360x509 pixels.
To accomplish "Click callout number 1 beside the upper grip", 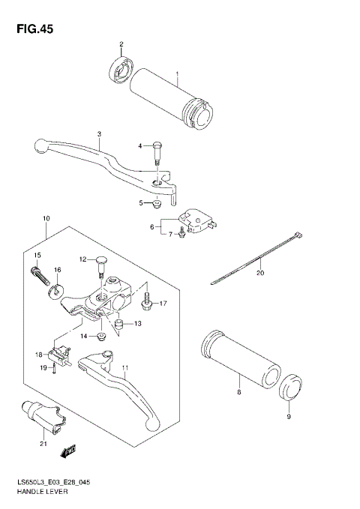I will pos(177,74).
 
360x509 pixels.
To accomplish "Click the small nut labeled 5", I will pos(157,204).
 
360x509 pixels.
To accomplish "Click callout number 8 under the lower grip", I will pos(238,392).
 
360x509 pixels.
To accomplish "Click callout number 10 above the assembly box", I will pos(46,218).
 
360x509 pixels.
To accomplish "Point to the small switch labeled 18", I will pos(59,352).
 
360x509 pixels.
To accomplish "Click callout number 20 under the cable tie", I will pos(260,273).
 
